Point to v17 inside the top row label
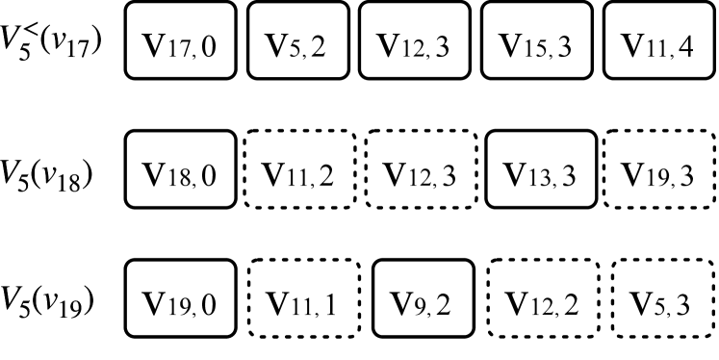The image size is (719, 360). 75,45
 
